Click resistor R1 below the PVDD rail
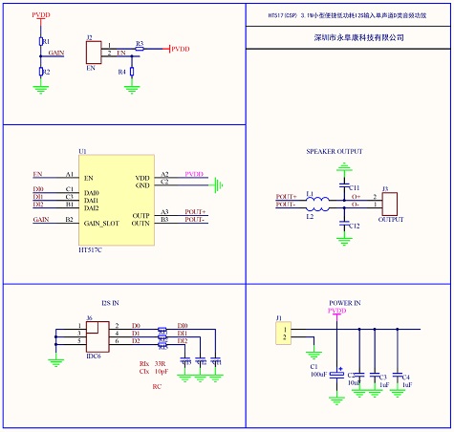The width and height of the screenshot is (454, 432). pyautogui.click(x=41, y=42)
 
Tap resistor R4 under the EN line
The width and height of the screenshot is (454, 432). pyautogui.click(x=129, y=72)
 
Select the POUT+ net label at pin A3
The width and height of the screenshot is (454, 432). pyautogui.click(x=196, y=211)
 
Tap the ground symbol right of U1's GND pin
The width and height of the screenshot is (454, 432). pyautogui.click(x=219, y=183)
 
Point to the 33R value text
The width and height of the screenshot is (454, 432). pyautogui.click(x=159, y=364)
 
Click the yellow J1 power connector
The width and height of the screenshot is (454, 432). pyautogui.click(x=284, y=333)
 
